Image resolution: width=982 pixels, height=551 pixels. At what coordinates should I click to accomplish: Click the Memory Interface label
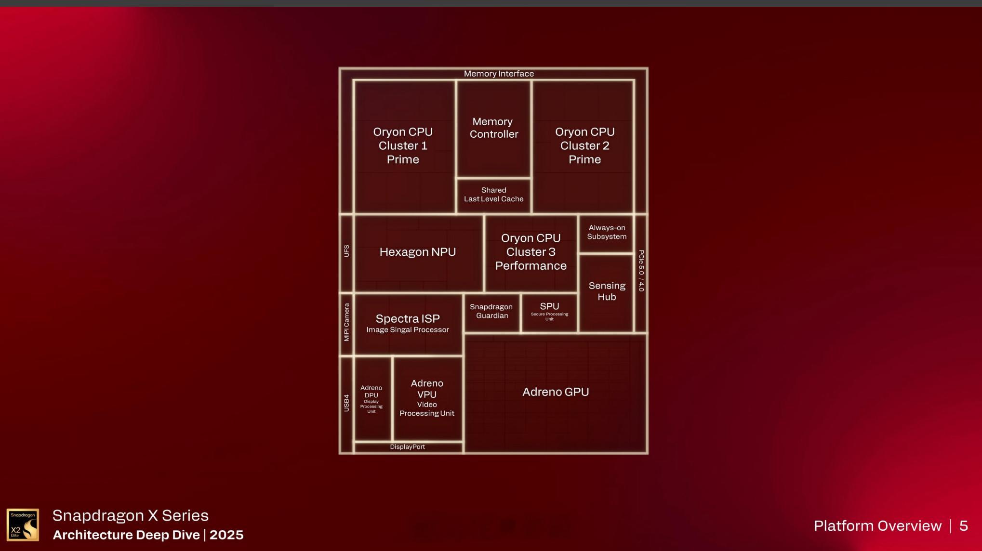click(499, 74)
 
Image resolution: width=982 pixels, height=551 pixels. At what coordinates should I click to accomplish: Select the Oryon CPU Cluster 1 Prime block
click(403, 145)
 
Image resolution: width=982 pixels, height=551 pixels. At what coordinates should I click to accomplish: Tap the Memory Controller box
click(493, 128)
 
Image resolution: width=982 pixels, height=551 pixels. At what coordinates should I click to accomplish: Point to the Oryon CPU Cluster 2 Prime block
click(584, 145)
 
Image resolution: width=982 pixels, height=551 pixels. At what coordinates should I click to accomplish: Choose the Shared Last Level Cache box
click(493, 195)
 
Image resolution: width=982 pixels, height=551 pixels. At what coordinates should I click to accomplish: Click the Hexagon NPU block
click(418, 252)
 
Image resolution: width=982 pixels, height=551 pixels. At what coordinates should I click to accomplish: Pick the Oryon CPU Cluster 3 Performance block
click(531, 252)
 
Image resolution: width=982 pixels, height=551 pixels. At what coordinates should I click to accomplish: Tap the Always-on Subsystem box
click(607, 232)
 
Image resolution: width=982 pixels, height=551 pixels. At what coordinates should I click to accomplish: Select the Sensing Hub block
click(607, 291)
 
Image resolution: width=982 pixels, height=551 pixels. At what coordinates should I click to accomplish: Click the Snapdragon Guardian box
click(491, 311)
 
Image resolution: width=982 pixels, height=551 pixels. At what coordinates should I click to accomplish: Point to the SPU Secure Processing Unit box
click(549, 311)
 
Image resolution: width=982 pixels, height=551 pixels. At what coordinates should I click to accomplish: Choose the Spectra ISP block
click(408, 323)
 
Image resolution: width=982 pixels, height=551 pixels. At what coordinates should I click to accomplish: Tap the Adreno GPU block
click(556, 392)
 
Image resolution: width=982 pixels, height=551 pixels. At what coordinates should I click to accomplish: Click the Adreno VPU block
click(427, 397)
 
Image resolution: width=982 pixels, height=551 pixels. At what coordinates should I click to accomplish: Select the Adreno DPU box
click(372, 398)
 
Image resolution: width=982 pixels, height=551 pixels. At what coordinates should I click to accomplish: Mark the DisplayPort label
click(408, 447)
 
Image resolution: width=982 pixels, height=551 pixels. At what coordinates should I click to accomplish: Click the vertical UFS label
click(346, 251)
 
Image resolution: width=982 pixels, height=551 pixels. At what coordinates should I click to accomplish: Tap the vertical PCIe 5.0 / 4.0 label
click(641, 271)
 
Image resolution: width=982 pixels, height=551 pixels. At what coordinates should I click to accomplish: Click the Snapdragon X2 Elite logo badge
click(23, 525)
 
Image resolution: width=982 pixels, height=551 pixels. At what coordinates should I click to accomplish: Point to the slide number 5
click(963, 525)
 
